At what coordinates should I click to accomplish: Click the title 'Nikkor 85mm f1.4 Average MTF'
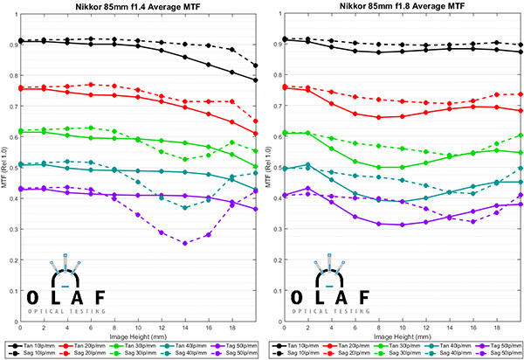138,7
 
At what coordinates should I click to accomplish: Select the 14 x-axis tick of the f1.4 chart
184,327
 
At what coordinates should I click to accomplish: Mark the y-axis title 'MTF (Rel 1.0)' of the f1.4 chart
4,175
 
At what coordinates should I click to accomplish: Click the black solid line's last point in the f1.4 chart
255,80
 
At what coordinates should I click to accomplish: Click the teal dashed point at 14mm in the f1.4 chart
184,207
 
